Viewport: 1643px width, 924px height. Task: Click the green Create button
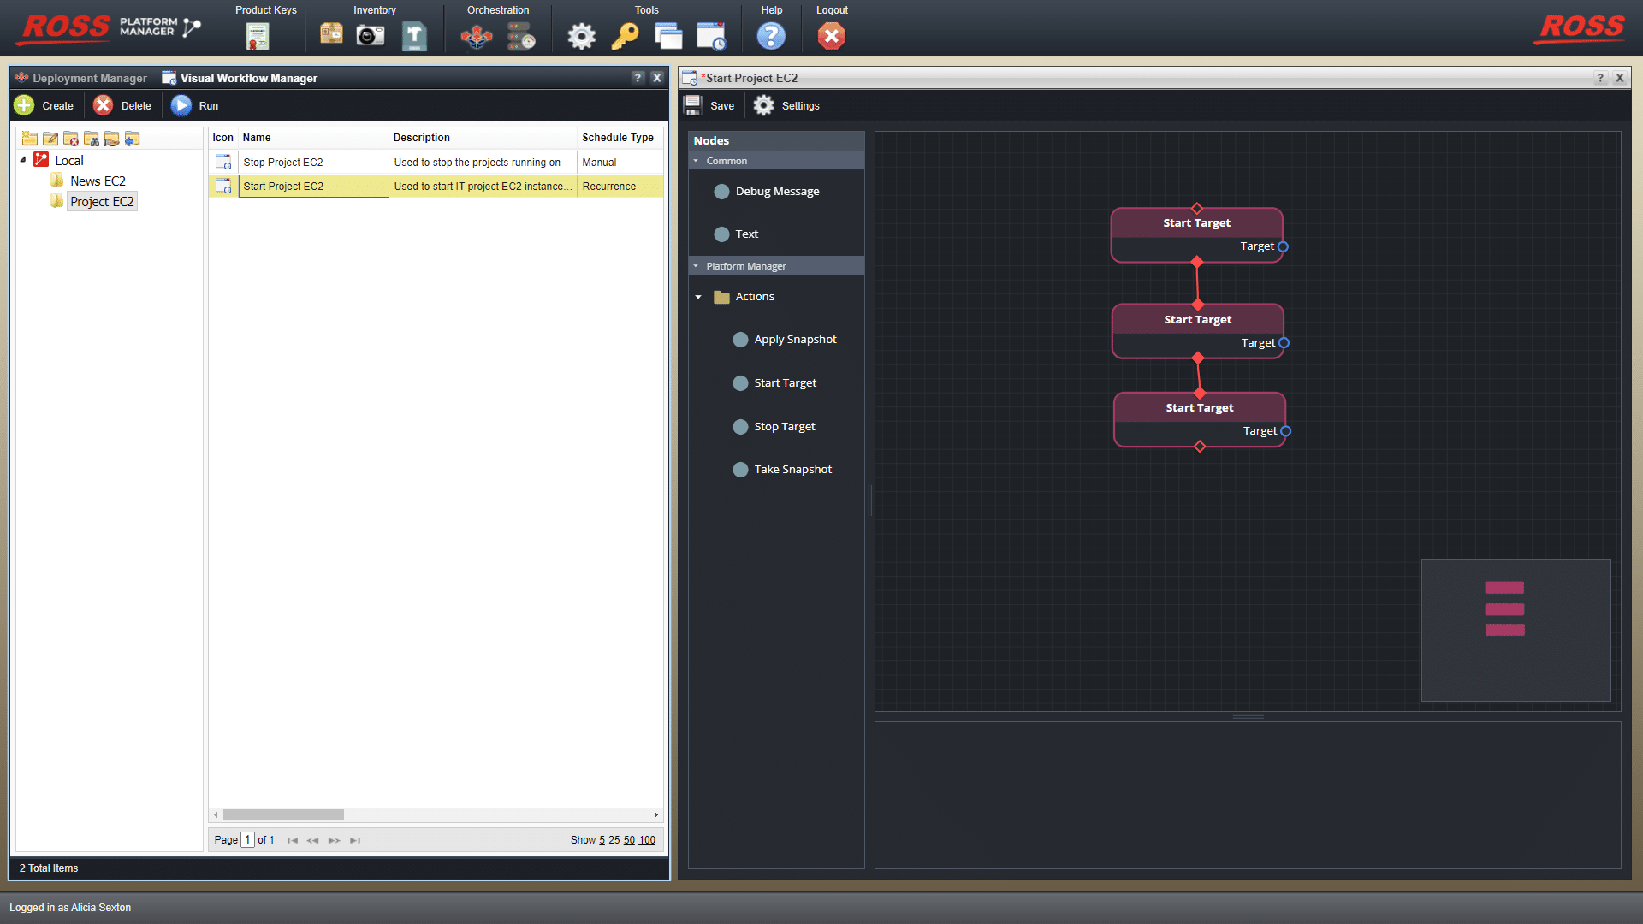(25, 105)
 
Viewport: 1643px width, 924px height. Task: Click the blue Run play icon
(181, 105)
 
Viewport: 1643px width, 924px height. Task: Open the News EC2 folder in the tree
(98, 181)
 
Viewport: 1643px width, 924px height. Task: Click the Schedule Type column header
(618, 138)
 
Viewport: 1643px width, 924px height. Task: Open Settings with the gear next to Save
(764, 105)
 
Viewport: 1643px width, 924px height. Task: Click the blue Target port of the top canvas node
(1283, 246)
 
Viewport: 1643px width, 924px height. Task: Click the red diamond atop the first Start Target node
(1197, 209)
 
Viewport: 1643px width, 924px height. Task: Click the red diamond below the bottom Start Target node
(1200, 447)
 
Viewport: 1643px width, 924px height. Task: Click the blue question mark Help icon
(771, 36)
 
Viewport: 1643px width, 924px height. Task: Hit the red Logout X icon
(831, 36)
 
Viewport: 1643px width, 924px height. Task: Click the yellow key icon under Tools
(625, 36)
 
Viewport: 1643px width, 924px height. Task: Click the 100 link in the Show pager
(647, 840)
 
